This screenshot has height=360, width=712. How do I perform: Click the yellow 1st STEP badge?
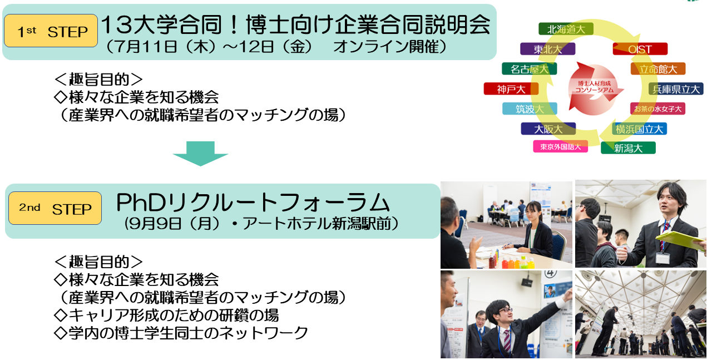tap(51, 31)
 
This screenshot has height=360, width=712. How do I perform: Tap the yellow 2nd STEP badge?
tap(55, 208)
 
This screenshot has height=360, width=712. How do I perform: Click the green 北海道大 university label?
tap(566, 29)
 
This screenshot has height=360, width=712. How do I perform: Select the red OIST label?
tap(640, 49)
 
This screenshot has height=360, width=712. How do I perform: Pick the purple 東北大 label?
tap(548, 49)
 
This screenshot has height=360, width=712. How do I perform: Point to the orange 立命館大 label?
tap(658, 69)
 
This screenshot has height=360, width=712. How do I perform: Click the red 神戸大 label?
tap(511, 89)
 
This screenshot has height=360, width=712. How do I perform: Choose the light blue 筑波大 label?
tap(530, 109)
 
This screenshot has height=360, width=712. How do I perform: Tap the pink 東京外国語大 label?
tap(560, 146)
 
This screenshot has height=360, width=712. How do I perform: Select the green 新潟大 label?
tap(628, 148)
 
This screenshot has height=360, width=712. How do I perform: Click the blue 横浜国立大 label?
tap(639, 129)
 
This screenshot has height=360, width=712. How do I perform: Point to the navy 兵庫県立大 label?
tap(676, 89)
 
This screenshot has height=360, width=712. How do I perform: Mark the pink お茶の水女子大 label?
tap(657, 109)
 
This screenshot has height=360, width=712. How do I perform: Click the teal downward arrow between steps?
tap(201, 153)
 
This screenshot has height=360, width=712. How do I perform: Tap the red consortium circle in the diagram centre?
tap(594, 88)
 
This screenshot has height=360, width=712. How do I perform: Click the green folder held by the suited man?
tap(680, 241)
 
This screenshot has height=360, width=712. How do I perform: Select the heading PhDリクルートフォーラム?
tap(253, 203)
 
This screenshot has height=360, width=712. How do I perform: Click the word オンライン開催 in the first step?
tap(387, 47)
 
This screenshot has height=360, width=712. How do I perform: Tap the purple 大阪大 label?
tap(548, 129)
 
